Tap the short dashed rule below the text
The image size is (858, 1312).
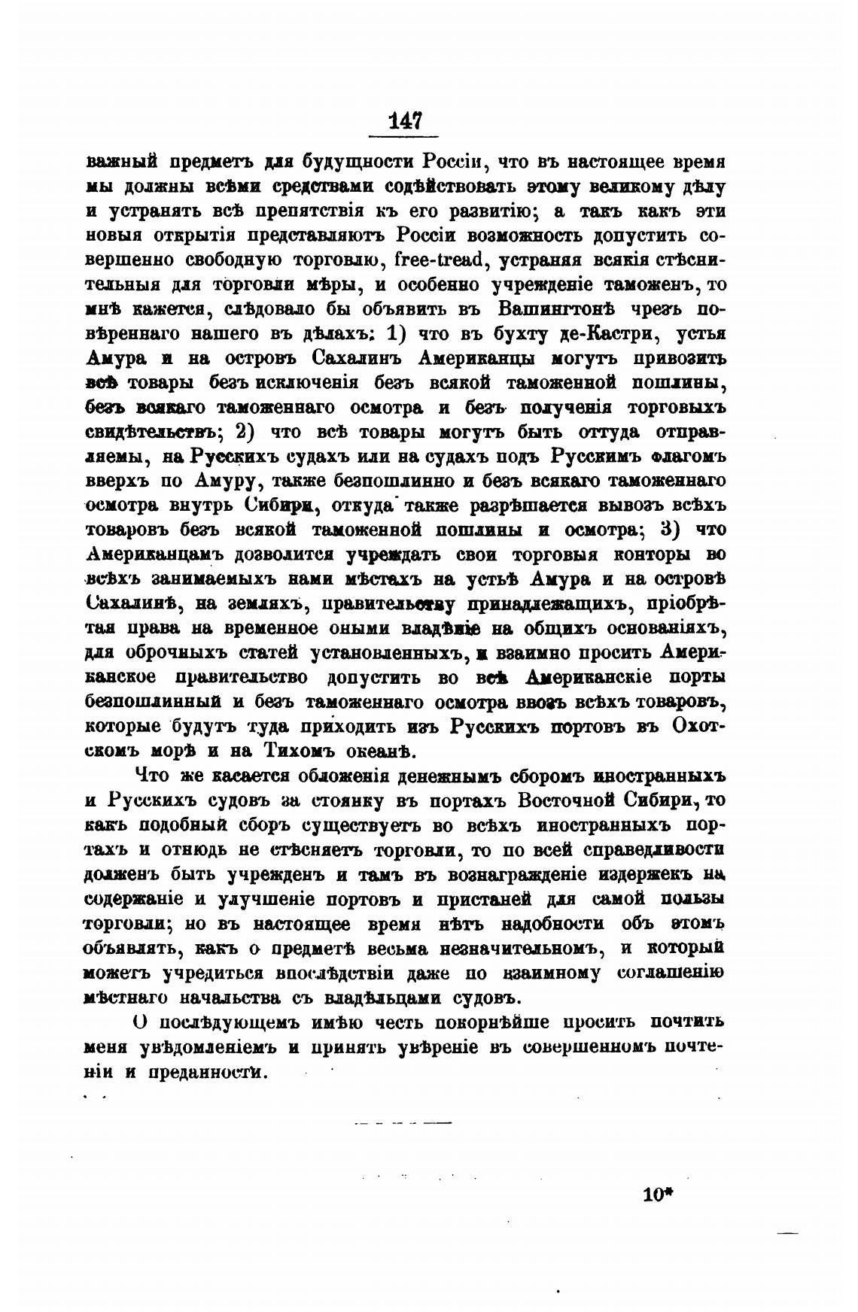point(402,1123)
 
